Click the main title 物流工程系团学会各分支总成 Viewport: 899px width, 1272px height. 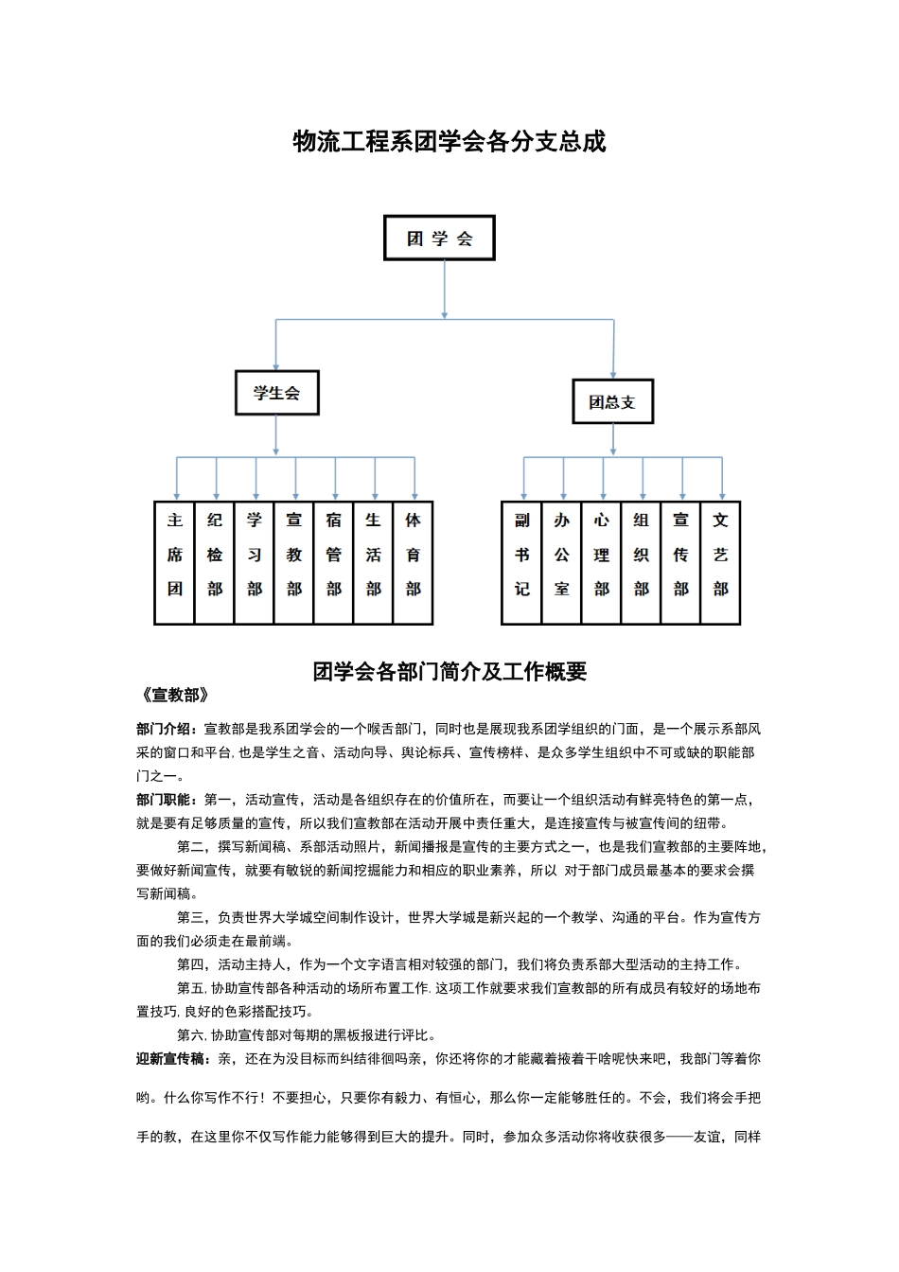tap(449, 142)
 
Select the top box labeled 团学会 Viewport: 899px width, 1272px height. tap(439, 238)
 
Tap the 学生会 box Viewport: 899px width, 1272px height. tap(276, 393)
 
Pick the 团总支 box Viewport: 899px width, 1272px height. tap(612, 401)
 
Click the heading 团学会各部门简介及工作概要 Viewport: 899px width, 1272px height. tap(449, 671)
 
